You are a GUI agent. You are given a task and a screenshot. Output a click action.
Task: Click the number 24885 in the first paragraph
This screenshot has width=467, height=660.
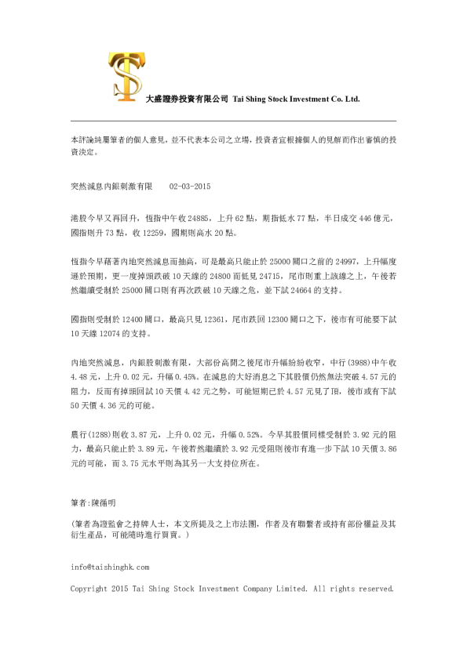(x=198, y=215)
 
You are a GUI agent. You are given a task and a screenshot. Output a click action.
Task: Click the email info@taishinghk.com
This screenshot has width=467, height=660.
(x=110, y=566)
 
